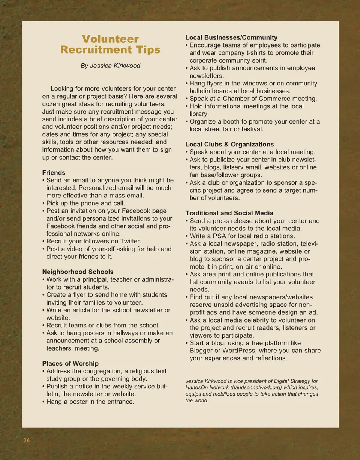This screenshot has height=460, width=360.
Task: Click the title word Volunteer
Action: click(110, 39)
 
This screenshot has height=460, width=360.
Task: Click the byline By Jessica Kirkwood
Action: click(110, 66)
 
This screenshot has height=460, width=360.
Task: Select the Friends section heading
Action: click(54, 173)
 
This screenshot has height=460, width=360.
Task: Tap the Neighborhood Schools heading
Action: click(78, 272)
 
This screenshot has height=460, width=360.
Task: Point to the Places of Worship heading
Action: click(70, 363)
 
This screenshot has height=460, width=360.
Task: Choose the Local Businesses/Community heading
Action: click(231, 37)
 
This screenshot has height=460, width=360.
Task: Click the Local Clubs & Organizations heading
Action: click(229, 144)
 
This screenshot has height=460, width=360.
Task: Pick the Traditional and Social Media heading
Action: click(229, 213)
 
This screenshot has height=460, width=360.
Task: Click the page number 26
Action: click(26, 441)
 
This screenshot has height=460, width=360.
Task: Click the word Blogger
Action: click(202, 351)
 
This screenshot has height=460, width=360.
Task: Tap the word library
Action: click(199, 114)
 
